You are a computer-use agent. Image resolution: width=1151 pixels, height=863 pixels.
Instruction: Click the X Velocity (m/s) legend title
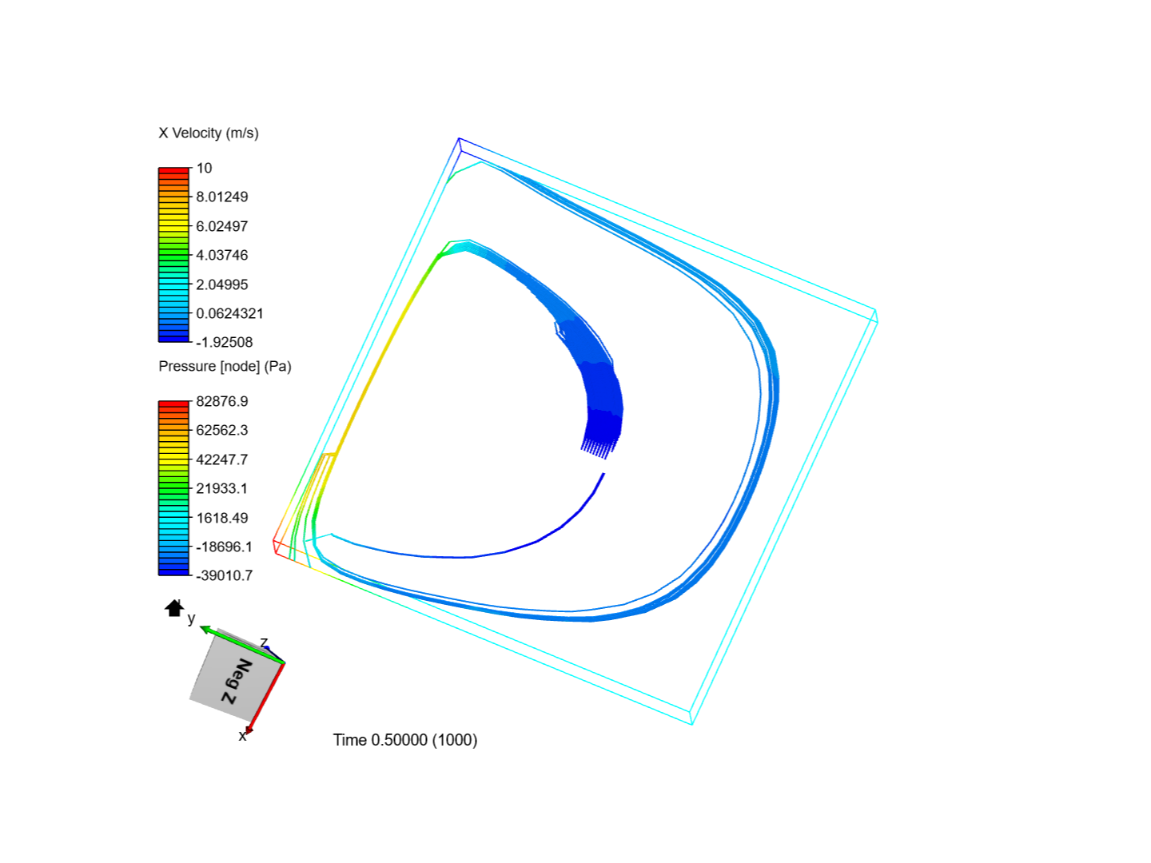[x=209, y=133]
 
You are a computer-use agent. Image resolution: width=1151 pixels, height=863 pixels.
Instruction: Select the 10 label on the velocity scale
[x=205, y=168]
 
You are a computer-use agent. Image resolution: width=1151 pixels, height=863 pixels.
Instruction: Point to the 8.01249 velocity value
[x=222, y=197]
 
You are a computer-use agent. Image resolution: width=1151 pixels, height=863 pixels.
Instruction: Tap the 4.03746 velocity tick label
[x=222, y=255]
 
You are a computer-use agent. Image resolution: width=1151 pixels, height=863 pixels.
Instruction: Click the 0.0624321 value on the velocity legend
[x=229, y=313]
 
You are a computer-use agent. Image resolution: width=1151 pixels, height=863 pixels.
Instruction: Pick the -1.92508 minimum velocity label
[x=225, y=342]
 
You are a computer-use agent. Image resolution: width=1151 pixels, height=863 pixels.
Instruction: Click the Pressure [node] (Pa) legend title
[x=225, y=366]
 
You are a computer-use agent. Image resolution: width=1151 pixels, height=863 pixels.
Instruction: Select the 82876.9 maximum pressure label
[x=222, y=401]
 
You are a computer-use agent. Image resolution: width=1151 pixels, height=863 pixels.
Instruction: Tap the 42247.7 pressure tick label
[x=222, y=459]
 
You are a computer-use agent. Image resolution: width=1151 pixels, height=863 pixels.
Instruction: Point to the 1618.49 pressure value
[x=222, y=518]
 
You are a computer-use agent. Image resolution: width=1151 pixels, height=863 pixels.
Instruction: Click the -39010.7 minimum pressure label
[x=225, y=575]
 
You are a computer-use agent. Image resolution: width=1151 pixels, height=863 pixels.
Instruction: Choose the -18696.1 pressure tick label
[x=225, y=547]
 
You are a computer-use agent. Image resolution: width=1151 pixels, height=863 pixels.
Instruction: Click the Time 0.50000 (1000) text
[x=405, y=740]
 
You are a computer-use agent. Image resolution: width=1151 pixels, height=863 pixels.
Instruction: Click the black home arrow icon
[x=174, y=608]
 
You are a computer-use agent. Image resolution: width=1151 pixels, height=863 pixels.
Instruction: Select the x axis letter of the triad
[x=242, y=736]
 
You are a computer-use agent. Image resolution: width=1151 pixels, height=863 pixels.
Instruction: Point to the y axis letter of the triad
[x=191, y=618]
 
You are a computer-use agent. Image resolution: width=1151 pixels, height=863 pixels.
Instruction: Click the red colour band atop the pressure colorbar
[x=173, y=404]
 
